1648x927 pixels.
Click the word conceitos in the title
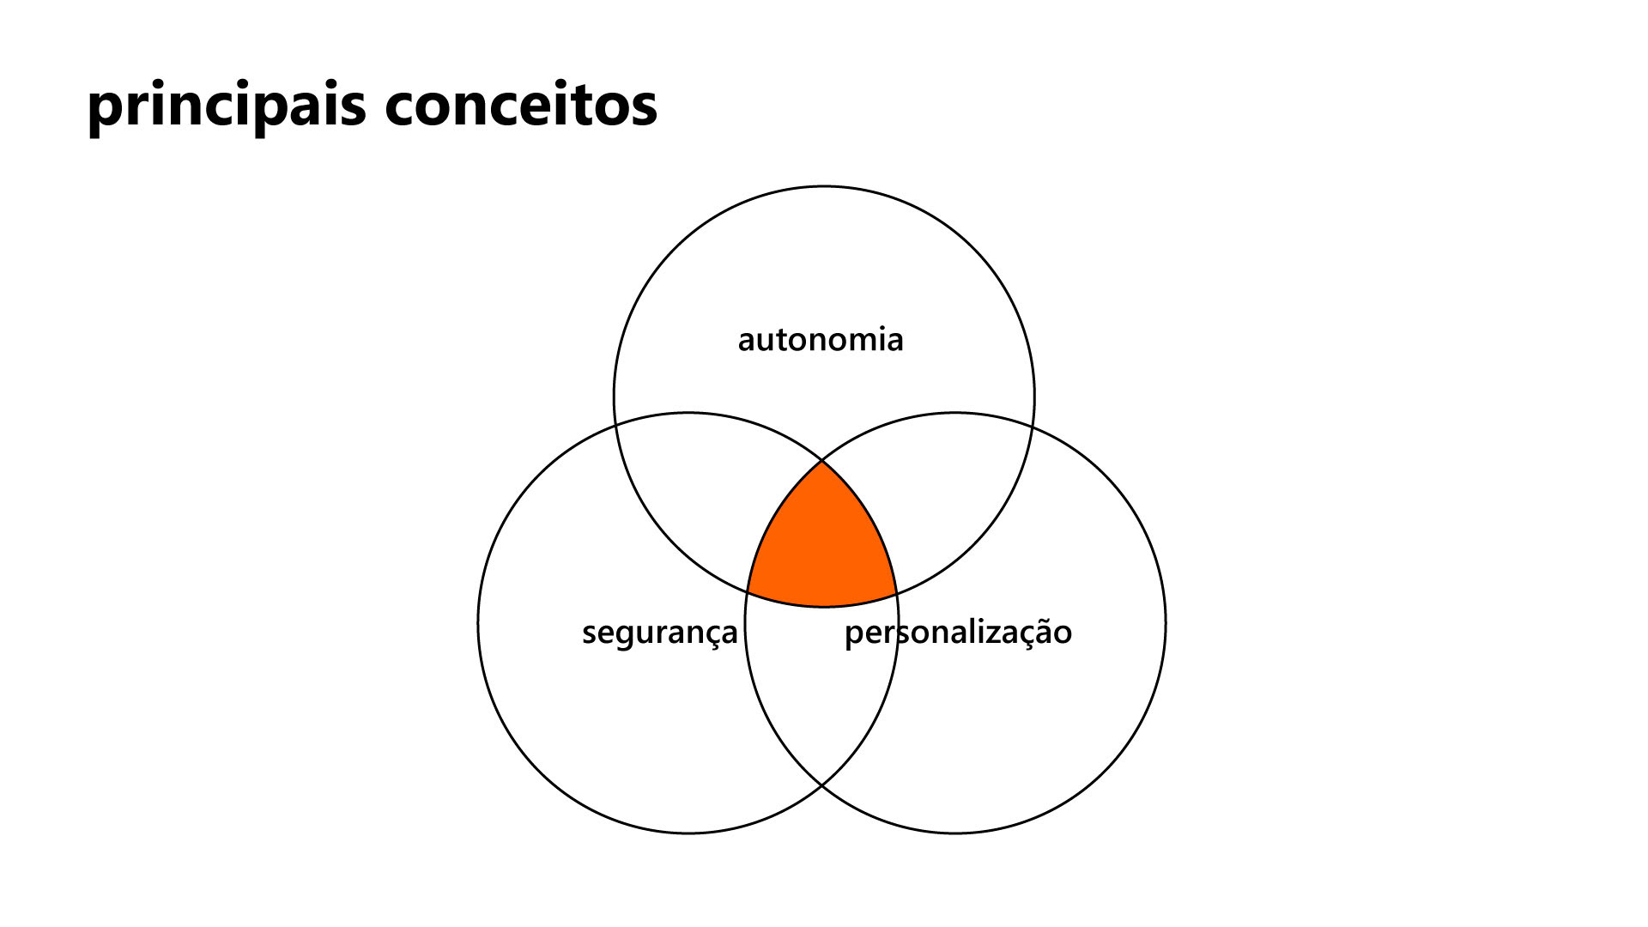click(521, 106)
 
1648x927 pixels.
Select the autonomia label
click(821, 340)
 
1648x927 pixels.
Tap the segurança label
click(659, 633)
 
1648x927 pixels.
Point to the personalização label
click(958, 633)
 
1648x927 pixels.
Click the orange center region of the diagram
click(822, 549)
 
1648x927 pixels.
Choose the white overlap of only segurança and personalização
click(822, 687)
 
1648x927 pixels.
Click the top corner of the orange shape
click(822, 461)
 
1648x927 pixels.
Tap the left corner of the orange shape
click(748, 593)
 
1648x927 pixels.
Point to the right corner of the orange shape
click(897, 593)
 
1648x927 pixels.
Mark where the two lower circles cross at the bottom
click(822, 785)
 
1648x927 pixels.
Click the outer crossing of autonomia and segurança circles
click(615, 424)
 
